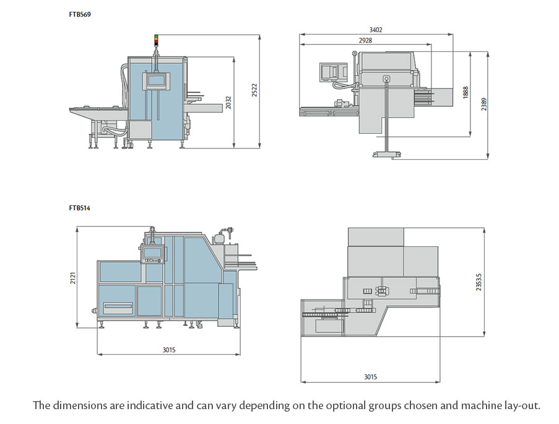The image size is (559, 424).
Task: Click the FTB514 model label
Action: (x=79, y=209)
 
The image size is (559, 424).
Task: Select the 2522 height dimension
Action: (x=254, y=90)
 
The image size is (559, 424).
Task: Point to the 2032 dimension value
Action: (x=228, y=102)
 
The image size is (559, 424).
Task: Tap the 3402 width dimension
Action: (x=375, y=29)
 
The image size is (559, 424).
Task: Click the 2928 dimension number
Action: (x=365, y=40)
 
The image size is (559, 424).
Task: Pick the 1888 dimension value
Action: (x=465, y=92)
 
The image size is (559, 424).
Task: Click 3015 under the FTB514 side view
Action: (x=168, y=350)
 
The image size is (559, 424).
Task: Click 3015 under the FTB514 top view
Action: (x=370, y=377)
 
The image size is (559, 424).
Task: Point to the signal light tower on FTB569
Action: (x=156, y=42)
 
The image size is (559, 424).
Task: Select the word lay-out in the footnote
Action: (x=521, y=406)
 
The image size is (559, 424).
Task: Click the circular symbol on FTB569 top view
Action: (x=386, y=79)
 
